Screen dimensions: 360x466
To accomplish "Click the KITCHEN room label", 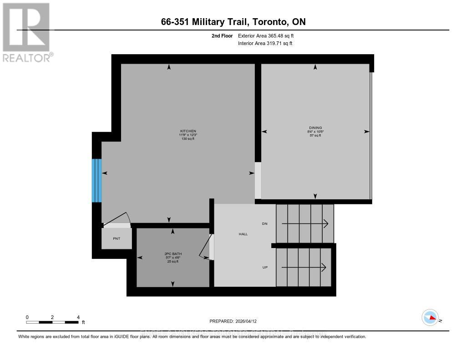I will coord(187,131).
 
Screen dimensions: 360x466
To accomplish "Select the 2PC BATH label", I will coord(172,254).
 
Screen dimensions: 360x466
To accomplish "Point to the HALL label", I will coord(243,234).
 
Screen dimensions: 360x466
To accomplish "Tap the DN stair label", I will coord(264,224).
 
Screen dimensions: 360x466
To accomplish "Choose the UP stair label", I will coord(264,267).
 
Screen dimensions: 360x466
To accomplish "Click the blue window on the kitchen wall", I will coord(96,180).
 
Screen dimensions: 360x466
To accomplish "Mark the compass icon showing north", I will coord(430,318).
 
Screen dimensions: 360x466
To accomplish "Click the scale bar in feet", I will coord(52,322).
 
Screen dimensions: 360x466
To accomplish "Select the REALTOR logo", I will coord(26,32).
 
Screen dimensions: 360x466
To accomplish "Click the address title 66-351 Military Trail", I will coord(233,22).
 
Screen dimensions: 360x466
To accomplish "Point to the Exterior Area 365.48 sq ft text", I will coord(269,35).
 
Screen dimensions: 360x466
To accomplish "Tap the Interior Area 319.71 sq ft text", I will coord(265,44).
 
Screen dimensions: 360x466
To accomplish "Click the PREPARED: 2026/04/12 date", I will coord(236,321).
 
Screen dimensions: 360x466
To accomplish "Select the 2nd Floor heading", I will coord(222,35).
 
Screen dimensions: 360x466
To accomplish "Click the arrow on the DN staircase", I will coord(305,223).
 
